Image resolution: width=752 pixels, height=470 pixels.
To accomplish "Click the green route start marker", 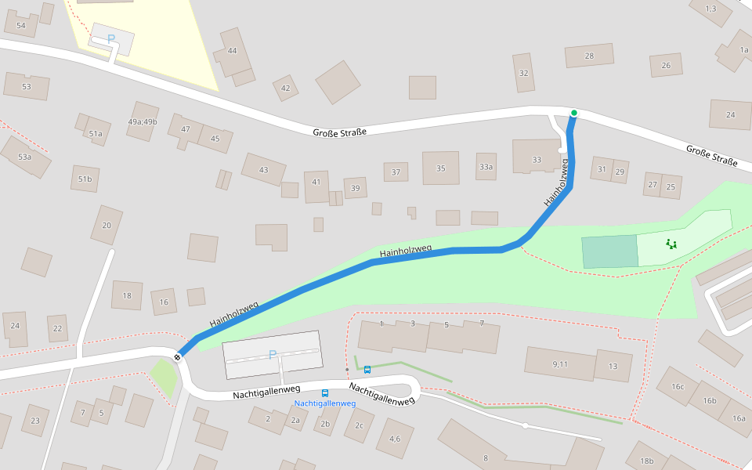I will (573, 114).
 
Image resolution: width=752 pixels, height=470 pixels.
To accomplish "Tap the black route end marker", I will (178, 357).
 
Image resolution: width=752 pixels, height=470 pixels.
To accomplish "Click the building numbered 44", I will (232, 51).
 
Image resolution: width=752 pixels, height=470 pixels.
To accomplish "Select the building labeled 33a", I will (486, 167).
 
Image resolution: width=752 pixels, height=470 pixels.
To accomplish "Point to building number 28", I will (589, 56).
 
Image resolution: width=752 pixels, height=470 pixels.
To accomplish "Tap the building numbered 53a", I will (25, 157).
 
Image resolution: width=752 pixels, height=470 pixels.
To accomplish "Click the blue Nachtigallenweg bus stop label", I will (325, 404).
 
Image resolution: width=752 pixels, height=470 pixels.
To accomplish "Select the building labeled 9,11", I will (559, 364).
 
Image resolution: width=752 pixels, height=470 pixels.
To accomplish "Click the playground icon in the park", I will (671, 244).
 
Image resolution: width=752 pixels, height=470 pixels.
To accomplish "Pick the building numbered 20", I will (107, 226).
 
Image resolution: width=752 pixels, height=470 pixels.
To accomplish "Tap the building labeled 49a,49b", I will (143, 121).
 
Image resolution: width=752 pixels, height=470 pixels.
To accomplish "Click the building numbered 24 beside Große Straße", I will (730, 114).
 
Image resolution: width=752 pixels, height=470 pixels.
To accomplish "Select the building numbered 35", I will (440, 168).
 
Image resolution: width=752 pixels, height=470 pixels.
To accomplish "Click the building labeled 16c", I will (677, 387).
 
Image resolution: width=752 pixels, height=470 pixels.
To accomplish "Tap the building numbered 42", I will (285, 88).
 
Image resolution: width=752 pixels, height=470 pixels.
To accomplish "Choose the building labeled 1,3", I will (710, 9).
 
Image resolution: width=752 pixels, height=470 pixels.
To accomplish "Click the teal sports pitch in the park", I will (609, 251).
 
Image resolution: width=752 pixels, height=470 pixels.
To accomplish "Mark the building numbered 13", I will (613, 366).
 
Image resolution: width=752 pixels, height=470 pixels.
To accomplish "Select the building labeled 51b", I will (85, 179).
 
